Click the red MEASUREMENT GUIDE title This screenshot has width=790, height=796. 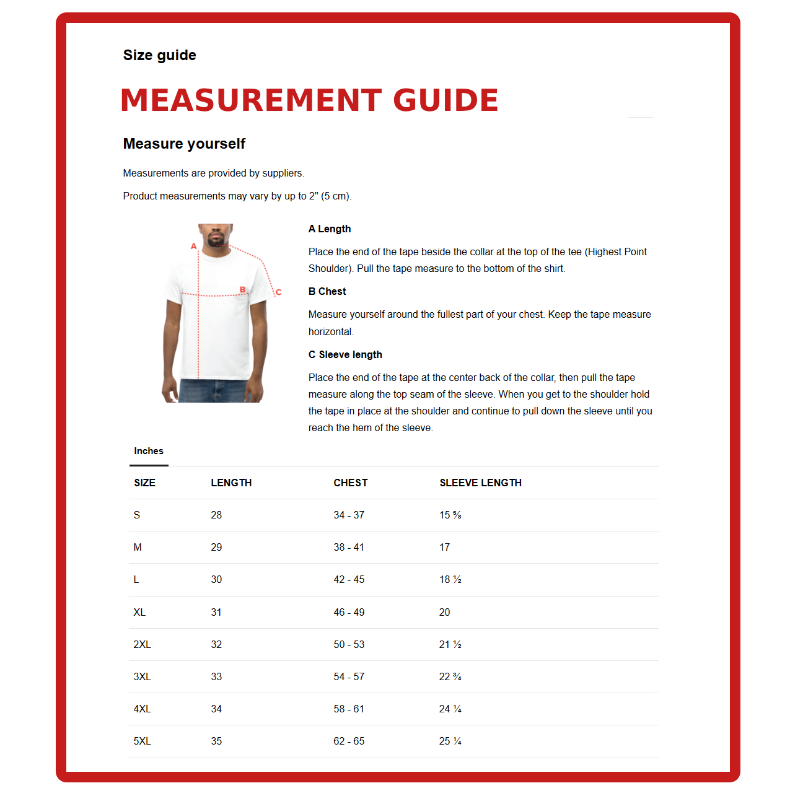tap(309, 100)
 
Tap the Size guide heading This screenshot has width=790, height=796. tap(159, 55)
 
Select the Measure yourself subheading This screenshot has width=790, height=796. tap(184, 144)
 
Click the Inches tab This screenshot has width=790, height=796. tap(149, 451)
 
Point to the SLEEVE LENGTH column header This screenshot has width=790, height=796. tap(480, 483)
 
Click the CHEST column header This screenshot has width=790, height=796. tap(350, 483)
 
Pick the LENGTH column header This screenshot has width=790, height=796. tap(231, 483)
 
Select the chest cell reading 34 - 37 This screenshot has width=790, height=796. tap(349, 515)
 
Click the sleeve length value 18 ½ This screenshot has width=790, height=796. tap(450, 579)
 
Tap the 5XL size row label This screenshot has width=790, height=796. tap(142, 741)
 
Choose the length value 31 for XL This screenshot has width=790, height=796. tap(216, 612)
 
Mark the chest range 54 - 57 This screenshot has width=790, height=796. tap(349, 676)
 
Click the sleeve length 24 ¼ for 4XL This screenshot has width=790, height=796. tap(450, 709)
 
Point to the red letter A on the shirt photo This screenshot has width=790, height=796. tap(194, 246)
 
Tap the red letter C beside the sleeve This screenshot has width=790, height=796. tap(278, 292)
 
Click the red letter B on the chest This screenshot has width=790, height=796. tap(243, 289)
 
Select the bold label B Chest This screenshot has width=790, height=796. tap(327, 291)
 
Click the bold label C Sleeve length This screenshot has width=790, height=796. tap(345, 354)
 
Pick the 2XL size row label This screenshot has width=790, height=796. tap(142, 644)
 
